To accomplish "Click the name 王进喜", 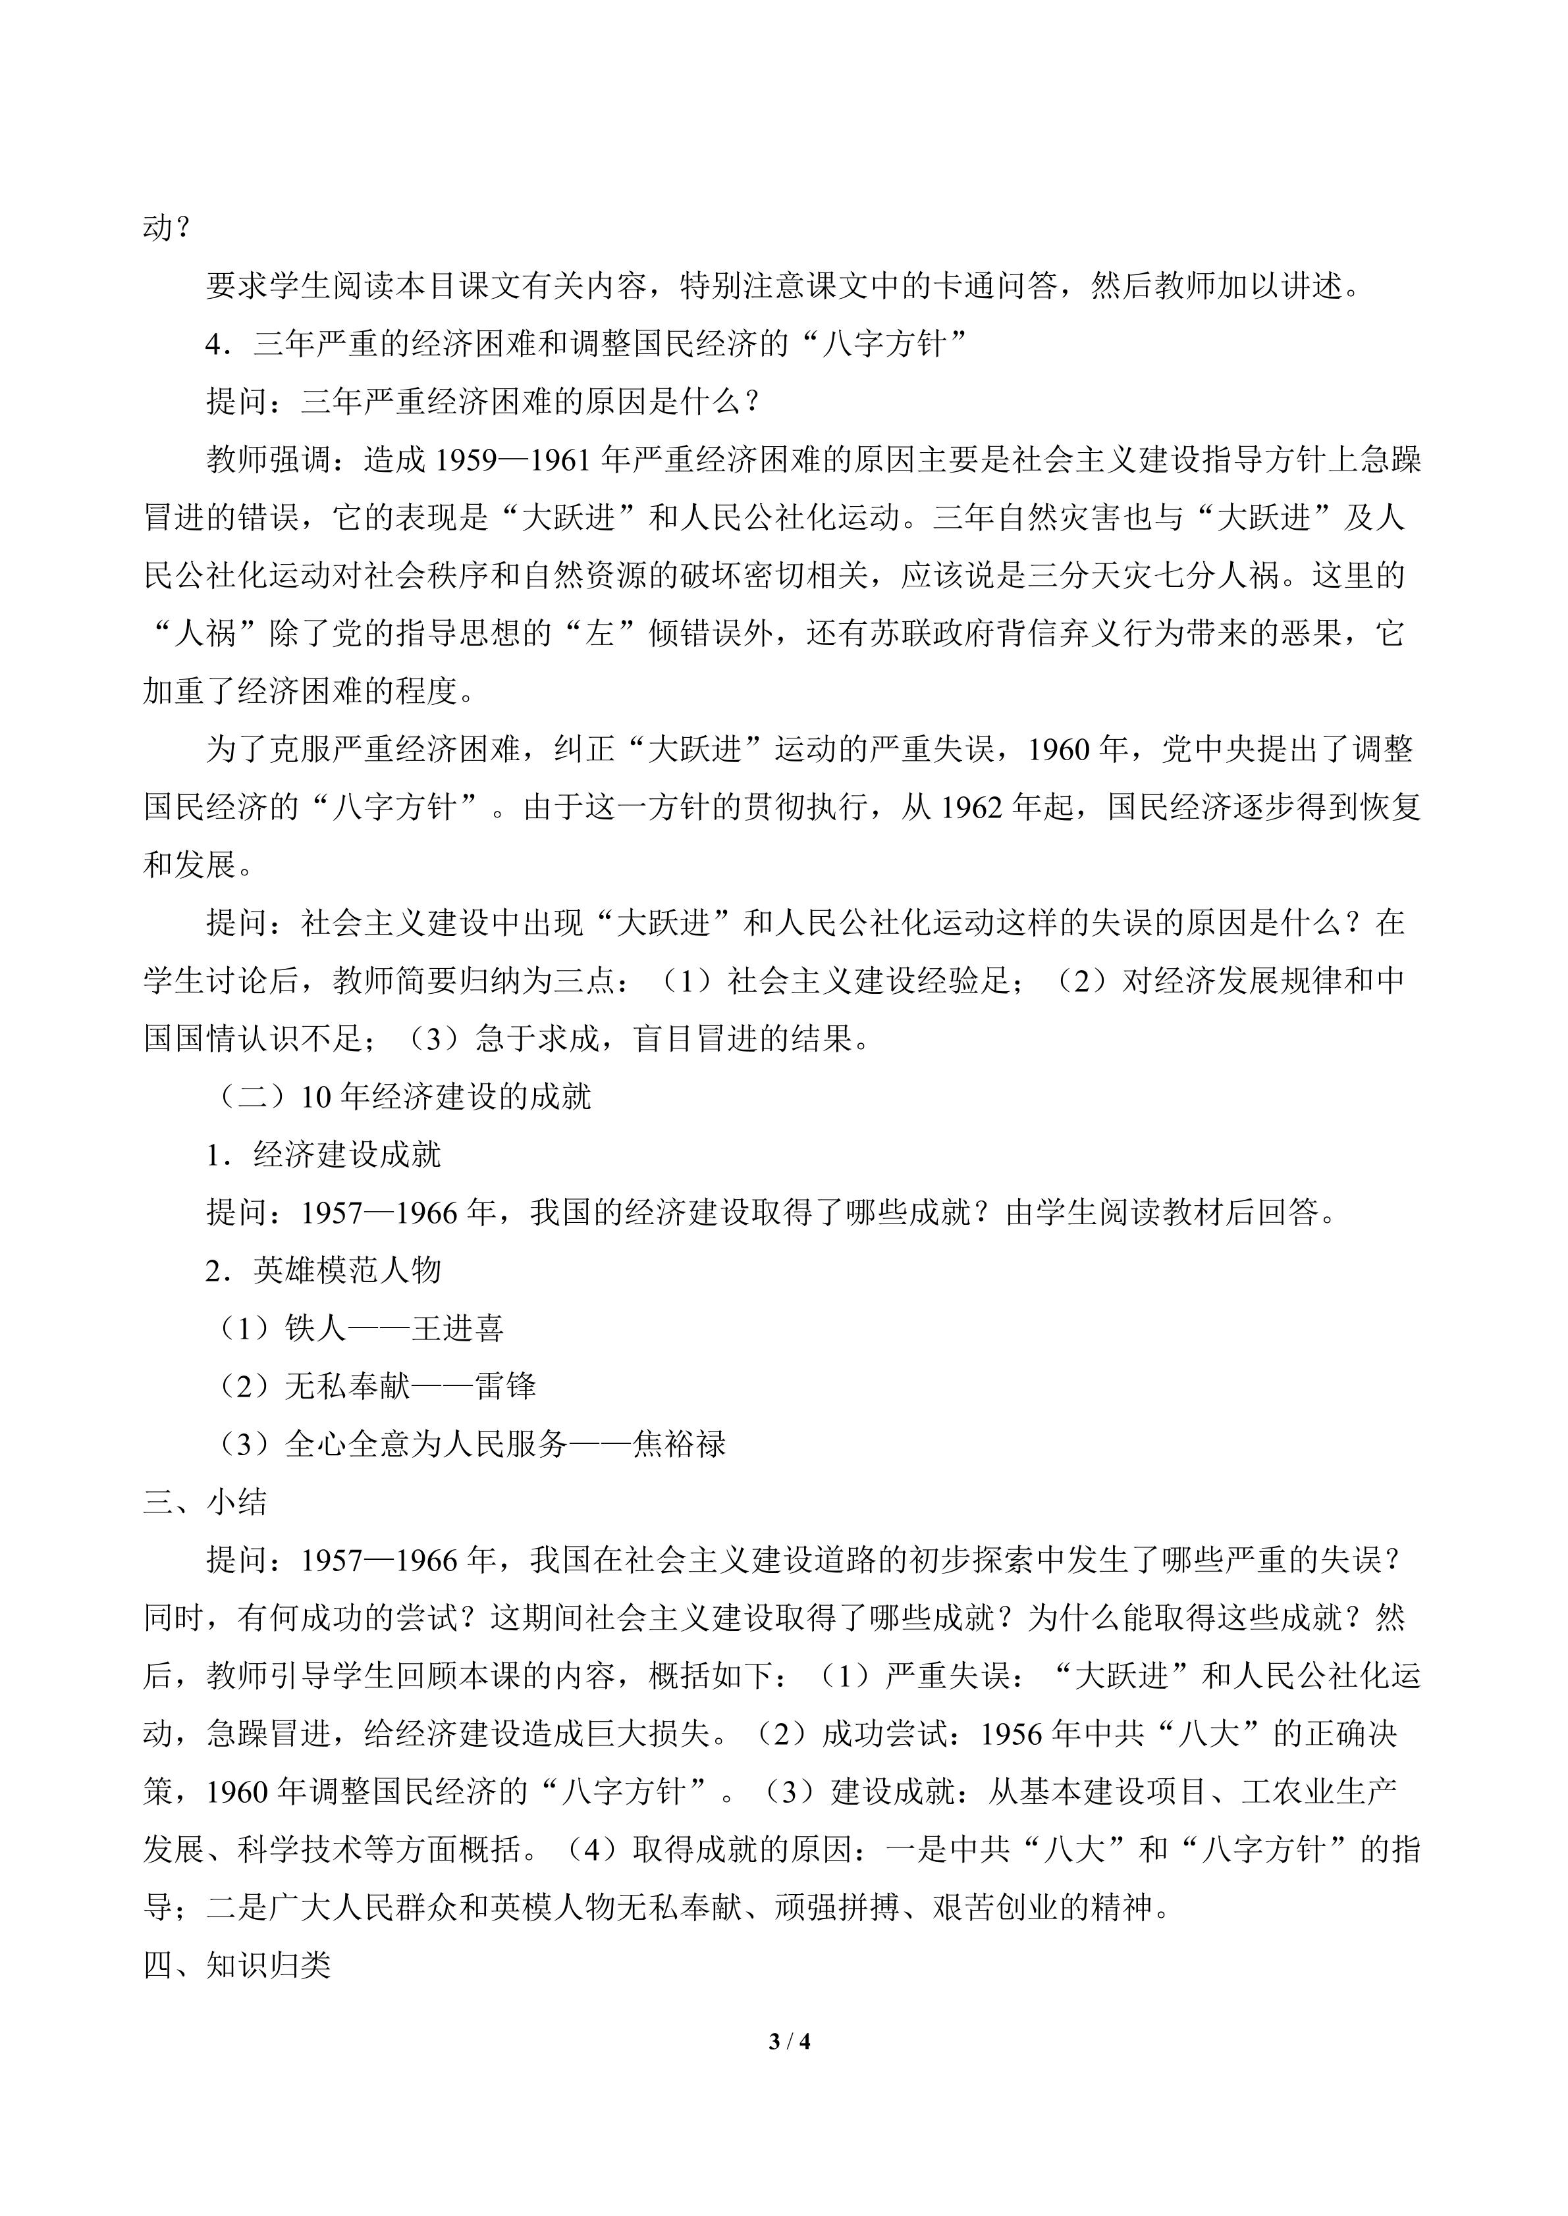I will pos(458,1328).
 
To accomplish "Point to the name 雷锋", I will pos(505,1386).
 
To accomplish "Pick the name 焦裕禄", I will pos(680,1444).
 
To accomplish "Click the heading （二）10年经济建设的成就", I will pos(400,1096).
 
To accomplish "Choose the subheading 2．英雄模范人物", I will pos(323,1270).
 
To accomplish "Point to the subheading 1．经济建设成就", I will pos(323,1154).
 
